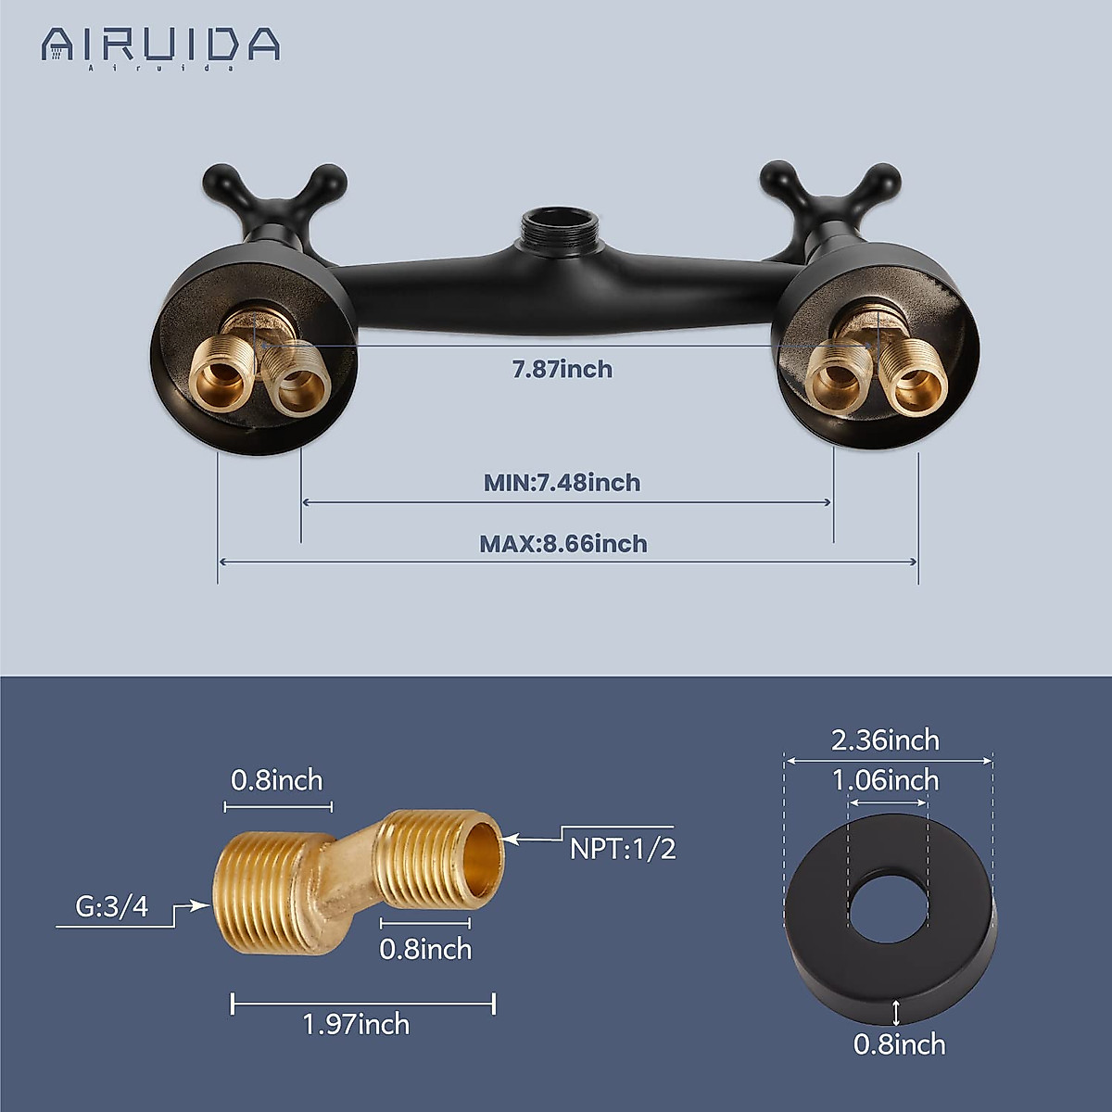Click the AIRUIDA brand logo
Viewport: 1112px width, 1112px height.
[x=159, y=46]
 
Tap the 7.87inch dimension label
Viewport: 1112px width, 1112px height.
[x=562, y=370]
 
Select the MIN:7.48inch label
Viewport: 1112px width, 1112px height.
[x=562, y=483]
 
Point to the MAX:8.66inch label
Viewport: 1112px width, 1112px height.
[x=562, y=544]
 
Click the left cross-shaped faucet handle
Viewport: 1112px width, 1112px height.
[x=274, y=196]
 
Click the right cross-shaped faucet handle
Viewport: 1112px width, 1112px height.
[x=829, y=196]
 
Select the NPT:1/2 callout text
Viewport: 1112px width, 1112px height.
[x=622, y=848]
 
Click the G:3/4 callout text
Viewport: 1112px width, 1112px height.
[x=112, y=906]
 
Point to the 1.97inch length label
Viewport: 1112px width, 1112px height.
[x=356, y=1025]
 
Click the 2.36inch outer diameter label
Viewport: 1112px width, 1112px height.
[x=885, y=740]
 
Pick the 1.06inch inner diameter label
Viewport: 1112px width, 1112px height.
[x=885, y=780]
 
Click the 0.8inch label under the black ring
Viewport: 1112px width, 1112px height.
[x=899, y=1044]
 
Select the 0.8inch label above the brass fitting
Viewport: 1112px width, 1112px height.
[x=277, y=780]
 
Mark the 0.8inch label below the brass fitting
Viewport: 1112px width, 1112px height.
[x=425, y=949]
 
